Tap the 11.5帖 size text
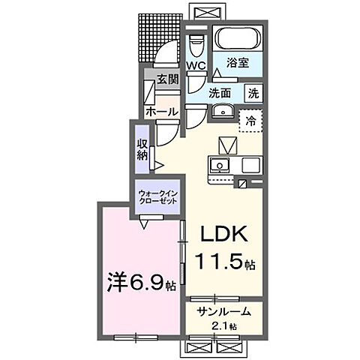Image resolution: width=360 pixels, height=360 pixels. [226, 263]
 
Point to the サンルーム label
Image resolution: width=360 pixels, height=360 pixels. [223, 312]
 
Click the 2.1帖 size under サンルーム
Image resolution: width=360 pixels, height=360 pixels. [223, 325]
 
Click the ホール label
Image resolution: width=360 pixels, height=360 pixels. [160, 112]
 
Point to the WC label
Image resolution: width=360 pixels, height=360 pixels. [196, 66]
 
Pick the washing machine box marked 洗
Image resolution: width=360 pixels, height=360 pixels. [253, 94]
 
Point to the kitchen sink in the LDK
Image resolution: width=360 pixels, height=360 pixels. [220, 166]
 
